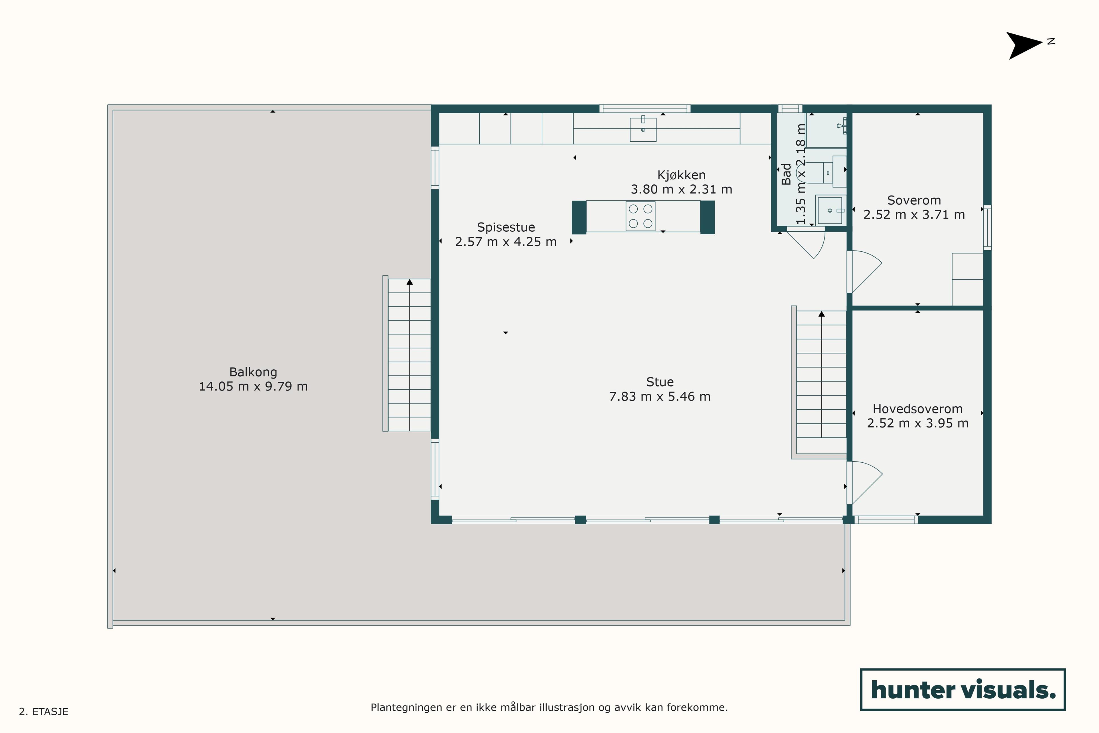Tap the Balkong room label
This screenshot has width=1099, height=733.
coord(253,372)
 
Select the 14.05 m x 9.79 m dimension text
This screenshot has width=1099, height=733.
coord(253,387)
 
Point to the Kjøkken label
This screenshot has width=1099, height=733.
coord(681,175)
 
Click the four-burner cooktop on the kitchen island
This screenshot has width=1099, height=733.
coord(641,216)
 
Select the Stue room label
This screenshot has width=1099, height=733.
coord(660,382)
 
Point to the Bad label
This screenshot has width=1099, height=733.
coord(786,174)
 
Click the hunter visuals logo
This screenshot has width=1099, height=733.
coord(963,689)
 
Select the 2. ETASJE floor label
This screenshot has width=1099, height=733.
coord(44,712)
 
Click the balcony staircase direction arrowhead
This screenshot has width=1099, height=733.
coord(410,282)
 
